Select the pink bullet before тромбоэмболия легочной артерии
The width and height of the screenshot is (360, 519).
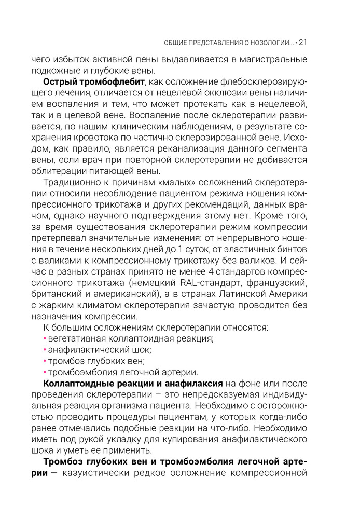tap(45, 373)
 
